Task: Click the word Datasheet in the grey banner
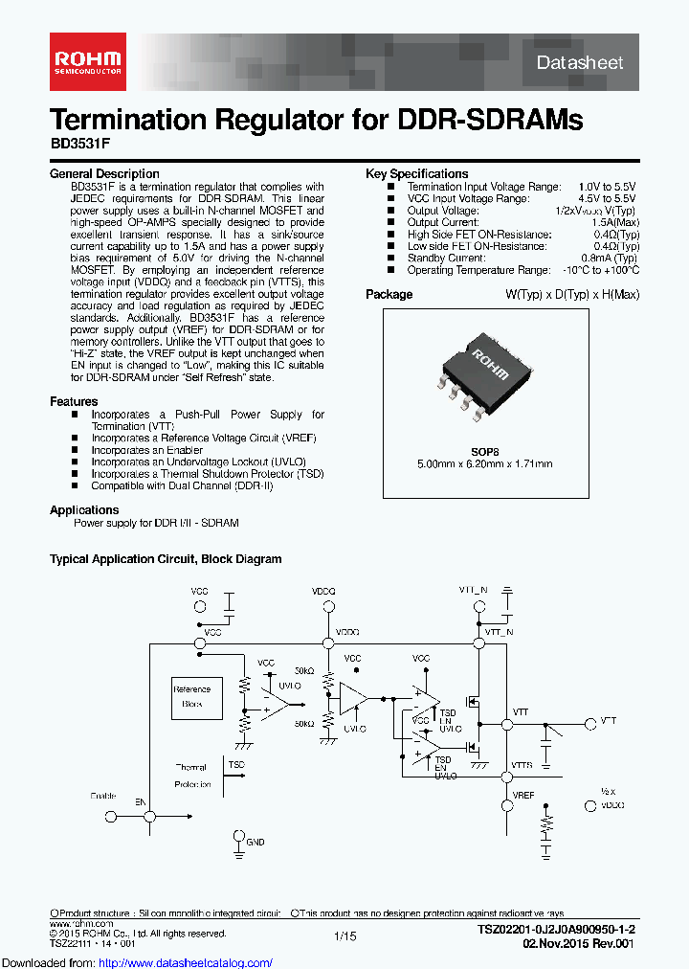click(580, 62)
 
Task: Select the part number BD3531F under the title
click(78, 151)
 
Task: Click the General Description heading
click(104, 174)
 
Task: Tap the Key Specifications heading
click(417, 174)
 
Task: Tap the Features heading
click(74, 402)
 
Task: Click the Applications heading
click(84, 510)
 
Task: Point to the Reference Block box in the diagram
click(191, 696)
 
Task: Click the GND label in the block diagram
click(256, 842)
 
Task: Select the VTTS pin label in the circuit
click(522, 765)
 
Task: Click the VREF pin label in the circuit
click(523, 795)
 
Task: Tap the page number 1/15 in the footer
click(344, 935)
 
